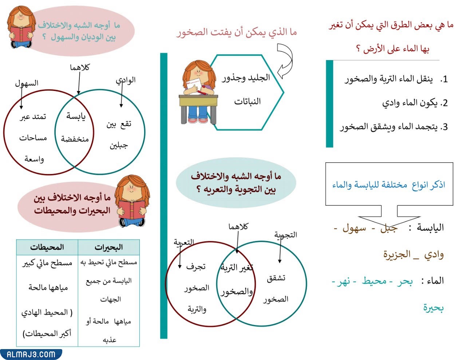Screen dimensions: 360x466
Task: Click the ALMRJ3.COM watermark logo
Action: [x=31, y=354]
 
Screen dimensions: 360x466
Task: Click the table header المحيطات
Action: [x=47, y=248]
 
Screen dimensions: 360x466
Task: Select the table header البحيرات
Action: [x=108, y=248]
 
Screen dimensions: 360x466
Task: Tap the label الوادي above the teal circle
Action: [x=126, y=80]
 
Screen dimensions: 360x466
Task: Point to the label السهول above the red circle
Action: [x=27, y=83]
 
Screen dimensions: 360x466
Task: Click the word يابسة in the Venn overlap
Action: [x=76, y=116]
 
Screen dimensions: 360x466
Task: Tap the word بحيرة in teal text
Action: [x=433, y=308]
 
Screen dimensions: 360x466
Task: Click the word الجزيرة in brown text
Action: [x=397, y=254]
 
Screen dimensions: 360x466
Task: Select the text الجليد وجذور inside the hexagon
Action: [x=246, y=78]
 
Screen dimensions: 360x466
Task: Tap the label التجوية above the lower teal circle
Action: [x=286, y=235]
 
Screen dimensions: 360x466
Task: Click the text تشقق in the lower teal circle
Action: [x=276, y=278]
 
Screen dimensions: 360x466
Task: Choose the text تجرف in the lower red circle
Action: [x=196, y=267]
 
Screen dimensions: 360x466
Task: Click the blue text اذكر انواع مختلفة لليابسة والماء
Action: [x=388, y=185]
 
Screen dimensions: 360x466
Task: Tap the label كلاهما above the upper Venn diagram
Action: [x=80, y=68]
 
